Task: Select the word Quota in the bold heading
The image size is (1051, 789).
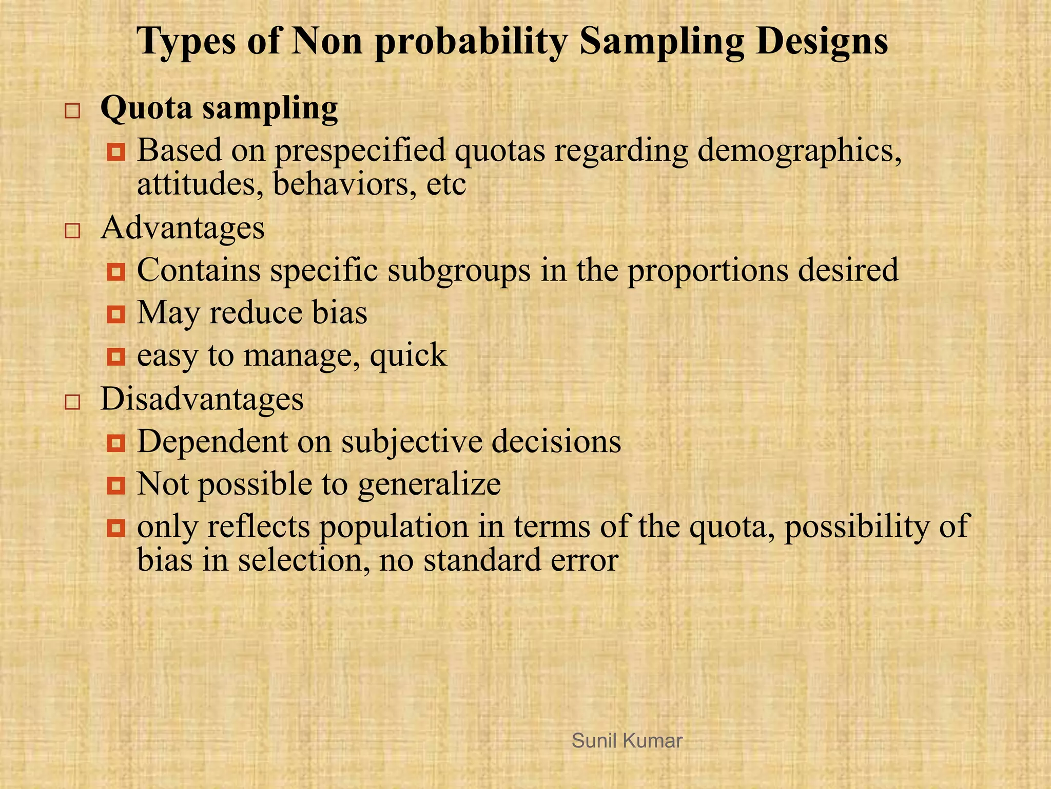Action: coord(147,109)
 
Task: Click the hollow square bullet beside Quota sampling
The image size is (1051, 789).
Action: coord(72,111)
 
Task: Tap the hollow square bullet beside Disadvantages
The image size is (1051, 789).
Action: coord(72,402)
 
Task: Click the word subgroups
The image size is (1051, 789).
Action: coord(459,271)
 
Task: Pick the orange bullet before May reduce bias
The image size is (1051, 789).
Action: coord(116,314)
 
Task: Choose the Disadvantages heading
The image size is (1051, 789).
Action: coord(202,399)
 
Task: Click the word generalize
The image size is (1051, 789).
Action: coord(429,484)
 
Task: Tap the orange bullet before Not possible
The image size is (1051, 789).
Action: coord(116,485)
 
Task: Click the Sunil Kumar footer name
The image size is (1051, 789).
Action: coord(627,741)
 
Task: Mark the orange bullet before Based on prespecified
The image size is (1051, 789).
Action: coord(116,152)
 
